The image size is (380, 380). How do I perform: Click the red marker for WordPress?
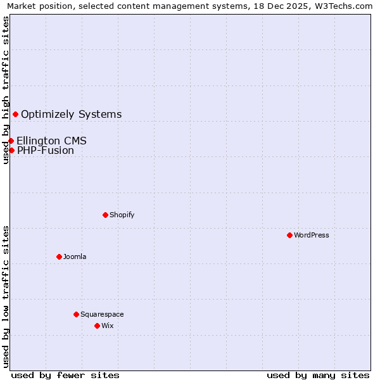click(x=289, y=235)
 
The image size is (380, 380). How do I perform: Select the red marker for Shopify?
click(x=105, y=215)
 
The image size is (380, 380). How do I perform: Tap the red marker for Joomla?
click(x=59, y=256)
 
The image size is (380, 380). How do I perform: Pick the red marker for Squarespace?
click(x=76, y=314)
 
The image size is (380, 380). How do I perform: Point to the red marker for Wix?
click(x=97, y=326)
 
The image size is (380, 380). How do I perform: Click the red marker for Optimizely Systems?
click(x=15, y=114)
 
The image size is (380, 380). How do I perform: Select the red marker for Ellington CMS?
click(x=11, y=141)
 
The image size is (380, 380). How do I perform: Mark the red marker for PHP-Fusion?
click(x=11, y=150)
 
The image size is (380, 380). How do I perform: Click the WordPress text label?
click(x=312, y=235)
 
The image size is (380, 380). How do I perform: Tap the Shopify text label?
click(x=122, y=215)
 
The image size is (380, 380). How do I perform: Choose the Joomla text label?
click(x=75, y=256)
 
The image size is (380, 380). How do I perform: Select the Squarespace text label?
click(x=102, y=314)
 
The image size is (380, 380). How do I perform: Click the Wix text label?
click(x=107, y=326)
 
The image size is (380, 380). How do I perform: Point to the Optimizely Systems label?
click(x=72, y=114)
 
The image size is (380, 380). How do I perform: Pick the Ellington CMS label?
click(x=51, y=141)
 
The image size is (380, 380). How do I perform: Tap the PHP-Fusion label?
click(x=46, y=150)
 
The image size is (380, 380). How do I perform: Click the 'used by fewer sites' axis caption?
click(x=65, y=375)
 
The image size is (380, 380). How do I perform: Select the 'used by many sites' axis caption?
click(x=318, y=375)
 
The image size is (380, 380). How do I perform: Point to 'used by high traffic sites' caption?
click(x=6, y=90)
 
